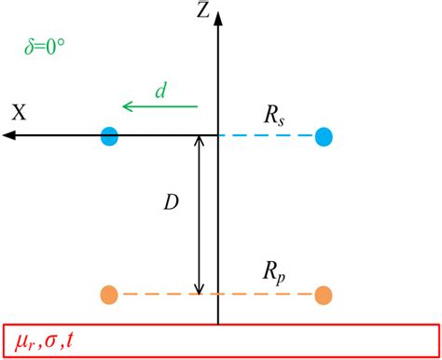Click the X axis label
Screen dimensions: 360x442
point(19,113)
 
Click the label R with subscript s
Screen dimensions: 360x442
point(277,116)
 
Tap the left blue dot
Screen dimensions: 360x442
point(110,136)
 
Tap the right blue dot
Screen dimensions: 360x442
point(324,136)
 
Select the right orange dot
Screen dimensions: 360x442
point(324,296)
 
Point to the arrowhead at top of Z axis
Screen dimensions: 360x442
point(217,21)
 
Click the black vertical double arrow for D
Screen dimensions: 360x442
point(199,215)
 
